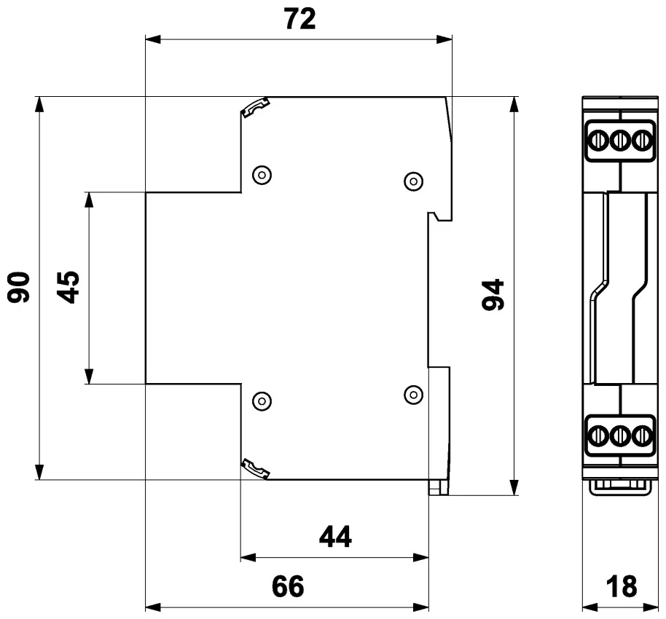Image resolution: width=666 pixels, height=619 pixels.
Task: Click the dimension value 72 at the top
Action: click(x=300, y=19)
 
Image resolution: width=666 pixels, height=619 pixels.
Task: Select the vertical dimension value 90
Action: click(x=19, y=288)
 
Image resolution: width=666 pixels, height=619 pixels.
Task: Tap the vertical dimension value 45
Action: click(x=68, y=288)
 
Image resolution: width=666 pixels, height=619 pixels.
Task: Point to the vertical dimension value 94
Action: click(x=493, y=295)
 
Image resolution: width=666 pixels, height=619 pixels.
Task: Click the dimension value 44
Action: click(x=335, y=537)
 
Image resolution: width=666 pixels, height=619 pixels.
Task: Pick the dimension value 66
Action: click(x=288, y=586)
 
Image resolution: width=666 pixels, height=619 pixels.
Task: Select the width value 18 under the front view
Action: click(x=622, y=586)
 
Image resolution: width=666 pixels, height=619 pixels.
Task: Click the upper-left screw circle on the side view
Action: click(x=262, y=175)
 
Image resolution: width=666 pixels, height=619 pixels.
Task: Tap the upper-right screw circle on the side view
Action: click(x=413, y=181)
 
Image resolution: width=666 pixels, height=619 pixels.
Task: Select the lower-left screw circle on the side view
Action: click(x=262, y=401)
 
